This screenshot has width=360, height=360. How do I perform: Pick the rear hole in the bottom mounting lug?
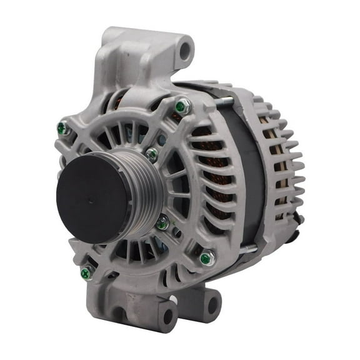[212, 305]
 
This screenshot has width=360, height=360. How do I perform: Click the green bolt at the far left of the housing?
[62, 128]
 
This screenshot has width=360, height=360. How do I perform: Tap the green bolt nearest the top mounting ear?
[181, 107]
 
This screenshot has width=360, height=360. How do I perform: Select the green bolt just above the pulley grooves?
[151, 154]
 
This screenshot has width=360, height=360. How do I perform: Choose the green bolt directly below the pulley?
[162, 222]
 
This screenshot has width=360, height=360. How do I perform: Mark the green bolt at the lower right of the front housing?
[205, 257]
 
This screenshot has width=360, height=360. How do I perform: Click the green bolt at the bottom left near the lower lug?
[87, 272]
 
